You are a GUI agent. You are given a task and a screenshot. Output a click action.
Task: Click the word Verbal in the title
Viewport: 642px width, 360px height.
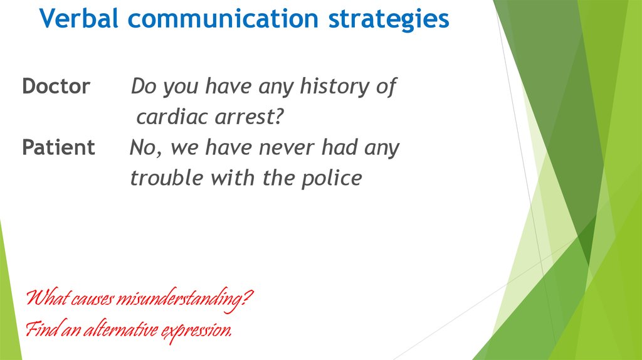click(79, 18)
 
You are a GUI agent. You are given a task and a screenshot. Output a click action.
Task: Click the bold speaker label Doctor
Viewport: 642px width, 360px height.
click(56, 86)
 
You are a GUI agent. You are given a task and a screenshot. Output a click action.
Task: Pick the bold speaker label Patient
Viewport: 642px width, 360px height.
click(58, 147)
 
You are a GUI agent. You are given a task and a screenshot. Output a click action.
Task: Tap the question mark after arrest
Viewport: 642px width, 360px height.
click(278, 117)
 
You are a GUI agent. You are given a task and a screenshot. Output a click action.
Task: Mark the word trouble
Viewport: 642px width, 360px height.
click(167, 178)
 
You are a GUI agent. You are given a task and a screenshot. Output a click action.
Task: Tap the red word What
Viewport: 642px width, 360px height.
click(47, 297)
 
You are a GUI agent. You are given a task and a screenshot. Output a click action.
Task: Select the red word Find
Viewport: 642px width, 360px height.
click(42, 329)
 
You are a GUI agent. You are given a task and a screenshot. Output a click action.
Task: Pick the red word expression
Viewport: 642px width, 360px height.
click(196, 331)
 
